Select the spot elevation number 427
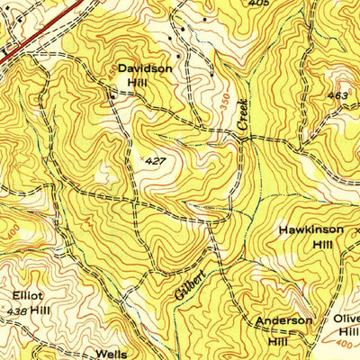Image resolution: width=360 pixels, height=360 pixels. click(x=155, y=160)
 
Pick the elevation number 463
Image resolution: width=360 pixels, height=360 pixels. click(x=338, y=94)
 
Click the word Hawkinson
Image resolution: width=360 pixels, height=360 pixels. click(x=310, y=229)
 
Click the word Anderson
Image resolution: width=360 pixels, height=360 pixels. click(x=283, y=320)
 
